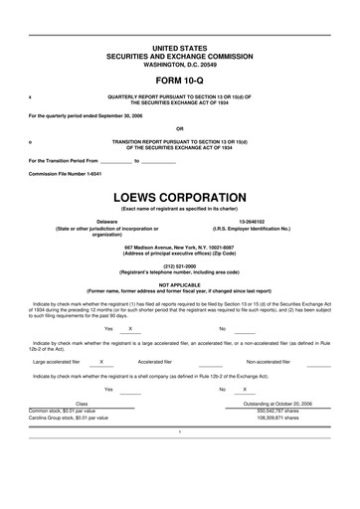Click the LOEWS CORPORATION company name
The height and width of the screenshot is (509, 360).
(179, 197)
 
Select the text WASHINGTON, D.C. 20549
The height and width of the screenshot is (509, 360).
(179, 63)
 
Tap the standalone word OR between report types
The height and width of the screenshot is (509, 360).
(179, 128)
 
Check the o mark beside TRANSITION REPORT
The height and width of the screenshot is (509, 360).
(31, 142)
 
